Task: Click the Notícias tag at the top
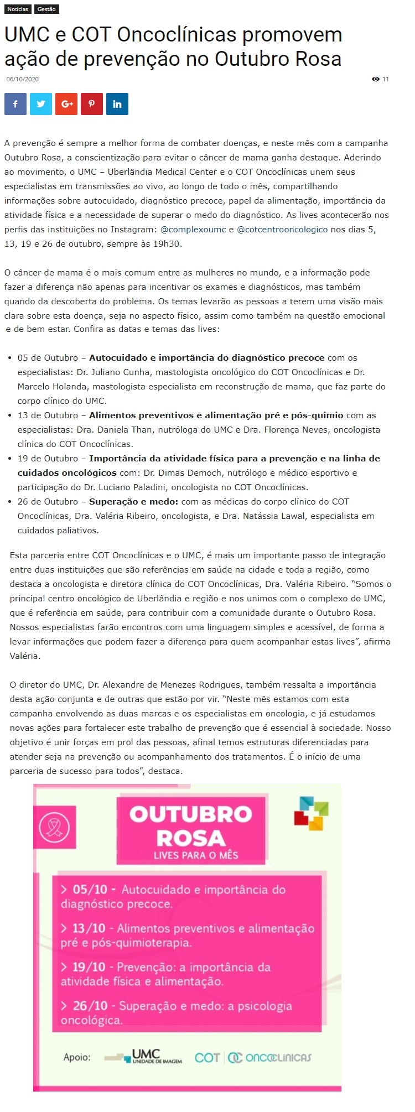click(x=18, y=9)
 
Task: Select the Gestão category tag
click(x=46, y=9)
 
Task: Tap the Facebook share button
click(x=15, y=104)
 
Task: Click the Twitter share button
click(x=41, y=104)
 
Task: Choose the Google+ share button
click(x=66, y=104)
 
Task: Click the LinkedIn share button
click(x=117, y=104)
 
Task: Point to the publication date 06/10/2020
click(x=23, y=79)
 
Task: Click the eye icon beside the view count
click(x=376, y=79)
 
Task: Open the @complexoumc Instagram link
click(x=193, y=230)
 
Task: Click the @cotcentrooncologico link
click(x=282, y=230)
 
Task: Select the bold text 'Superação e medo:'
click(x=133, y=502)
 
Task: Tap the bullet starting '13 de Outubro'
click(x=48, y=415)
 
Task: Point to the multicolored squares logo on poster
click(x=311, y=813)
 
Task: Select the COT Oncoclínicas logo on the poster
click(x=252, y=1057)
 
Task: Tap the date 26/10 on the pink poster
click(x=90, y=1006)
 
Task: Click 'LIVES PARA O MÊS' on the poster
click(x=196, y=855)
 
